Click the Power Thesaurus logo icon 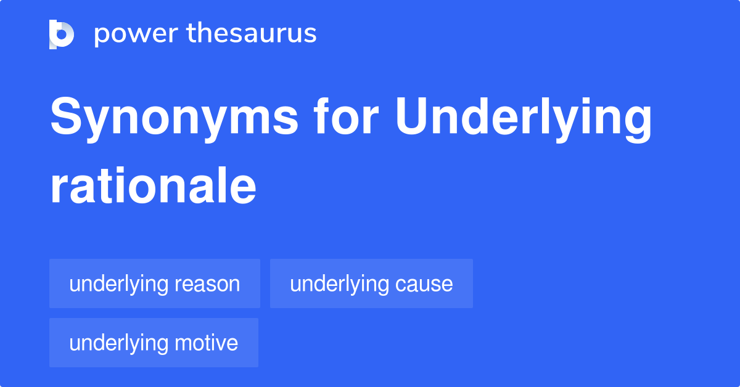coord(62,35)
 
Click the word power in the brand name coord(136,35)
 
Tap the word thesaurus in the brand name coord(252,33)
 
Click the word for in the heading coord(346,116)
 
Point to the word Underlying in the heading coord(524,120)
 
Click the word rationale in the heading coord(154,186)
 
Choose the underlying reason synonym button coord(155,283)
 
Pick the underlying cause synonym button coord(371,283)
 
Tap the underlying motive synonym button coord(154,343)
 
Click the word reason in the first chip coord(207,284)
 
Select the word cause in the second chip coord(424,284)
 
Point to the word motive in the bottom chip coord(206,343)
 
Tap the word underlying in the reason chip coord(118,285)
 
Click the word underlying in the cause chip coord(339,285)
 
